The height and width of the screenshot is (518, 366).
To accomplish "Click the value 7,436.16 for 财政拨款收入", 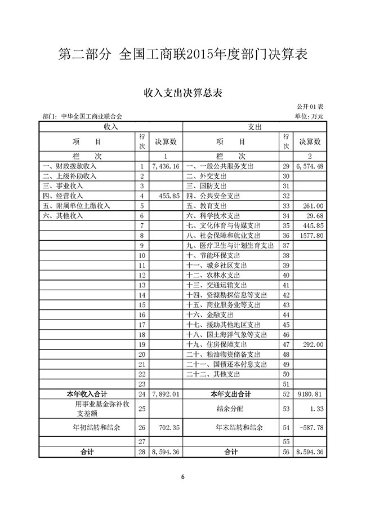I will pos(166,167).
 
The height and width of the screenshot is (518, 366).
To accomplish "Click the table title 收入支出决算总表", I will pos(182,93).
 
